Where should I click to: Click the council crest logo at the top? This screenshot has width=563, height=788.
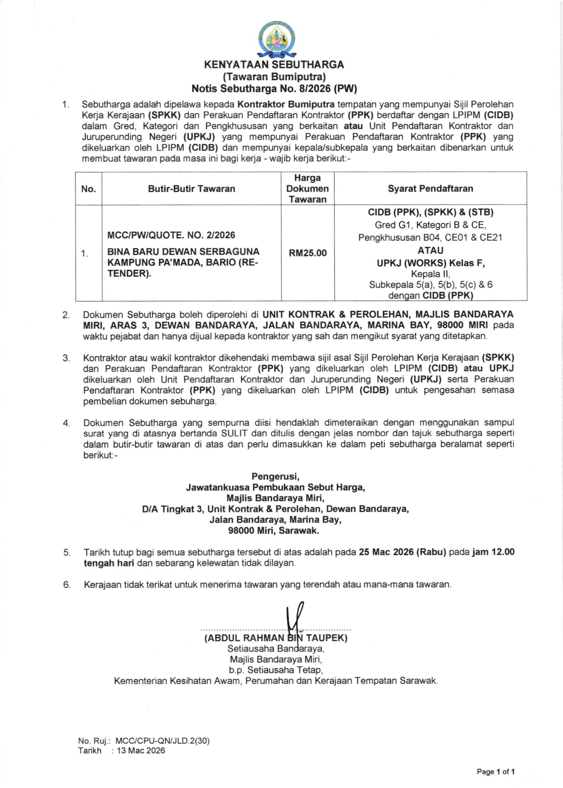(277, 39)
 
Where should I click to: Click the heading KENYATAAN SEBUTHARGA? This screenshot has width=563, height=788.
(274, 65)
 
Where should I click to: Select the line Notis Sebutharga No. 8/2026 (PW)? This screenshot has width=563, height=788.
(274, 89)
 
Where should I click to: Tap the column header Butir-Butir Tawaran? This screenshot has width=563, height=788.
(191, 188)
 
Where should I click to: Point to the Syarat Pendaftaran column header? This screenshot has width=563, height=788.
(430, 188)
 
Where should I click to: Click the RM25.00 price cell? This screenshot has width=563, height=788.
(307, 253)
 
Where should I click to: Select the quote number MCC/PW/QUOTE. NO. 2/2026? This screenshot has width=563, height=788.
(171, 235)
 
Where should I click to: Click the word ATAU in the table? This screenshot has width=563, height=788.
(430, 250)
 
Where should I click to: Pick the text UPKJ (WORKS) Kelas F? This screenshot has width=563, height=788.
(430, 263)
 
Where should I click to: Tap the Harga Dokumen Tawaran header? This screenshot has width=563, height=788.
(307, 188)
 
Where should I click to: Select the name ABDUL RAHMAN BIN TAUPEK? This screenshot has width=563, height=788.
(276, 638)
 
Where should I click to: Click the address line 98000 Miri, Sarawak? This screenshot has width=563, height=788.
(273, 531)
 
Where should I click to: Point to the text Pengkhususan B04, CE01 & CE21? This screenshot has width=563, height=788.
(430, 238)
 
